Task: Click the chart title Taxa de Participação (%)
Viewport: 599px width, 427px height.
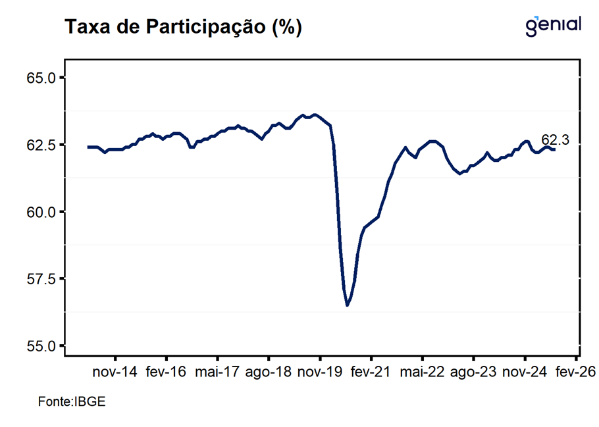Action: point(182,27)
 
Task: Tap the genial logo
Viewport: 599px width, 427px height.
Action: point(554,25)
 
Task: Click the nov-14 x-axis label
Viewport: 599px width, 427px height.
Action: point(115,372)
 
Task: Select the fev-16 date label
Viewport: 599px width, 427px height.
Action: point(166,372)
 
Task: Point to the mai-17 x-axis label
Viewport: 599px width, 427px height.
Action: point(217,372)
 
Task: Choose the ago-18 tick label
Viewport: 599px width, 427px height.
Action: point(269,372)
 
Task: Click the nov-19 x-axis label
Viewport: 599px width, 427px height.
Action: point(320,372)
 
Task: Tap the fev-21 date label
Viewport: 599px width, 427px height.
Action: point(371,372)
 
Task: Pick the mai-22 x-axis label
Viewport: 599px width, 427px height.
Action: point(422,372)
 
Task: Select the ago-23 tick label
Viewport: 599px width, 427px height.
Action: point(473,372)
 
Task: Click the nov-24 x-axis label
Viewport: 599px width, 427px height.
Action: point(525,372)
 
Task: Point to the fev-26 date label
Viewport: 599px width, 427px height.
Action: point(575,372)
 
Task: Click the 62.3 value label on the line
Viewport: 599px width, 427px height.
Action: point(555,140)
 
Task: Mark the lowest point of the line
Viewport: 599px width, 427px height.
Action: point(347,305)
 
